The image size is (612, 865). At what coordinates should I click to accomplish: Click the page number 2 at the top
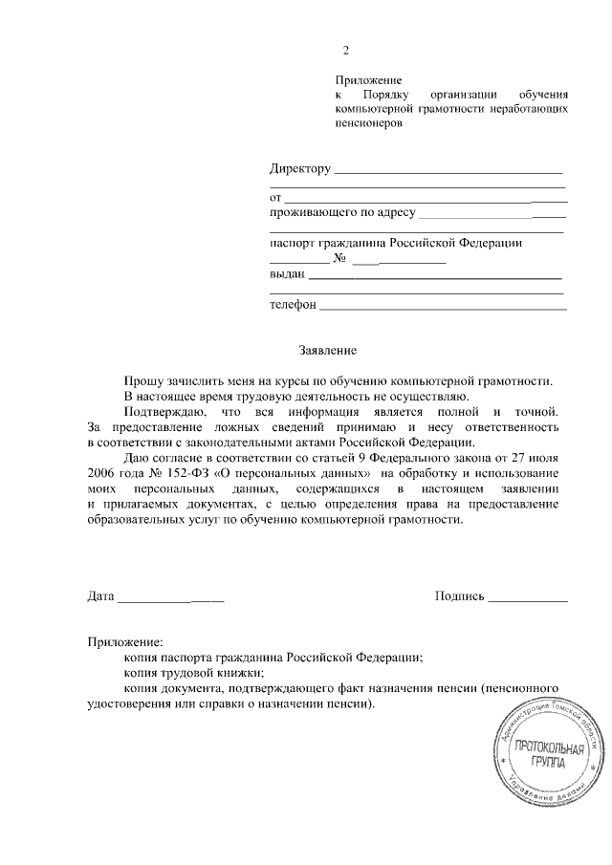point(348,51)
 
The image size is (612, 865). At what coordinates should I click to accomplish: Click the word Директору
point(299,169)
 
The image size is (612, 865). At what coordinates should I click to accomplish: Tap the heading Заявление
point(321,351)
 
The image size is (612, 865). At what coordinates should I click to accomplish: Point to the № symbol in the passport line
point(339,259)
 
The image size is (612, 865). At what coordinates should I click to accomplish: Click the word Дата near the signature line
point(100,596)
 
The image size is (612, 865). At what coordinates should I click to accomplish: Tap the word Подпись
point(458,596)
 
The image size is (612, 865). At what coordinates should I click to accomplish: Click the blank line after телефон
point(442,310)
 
